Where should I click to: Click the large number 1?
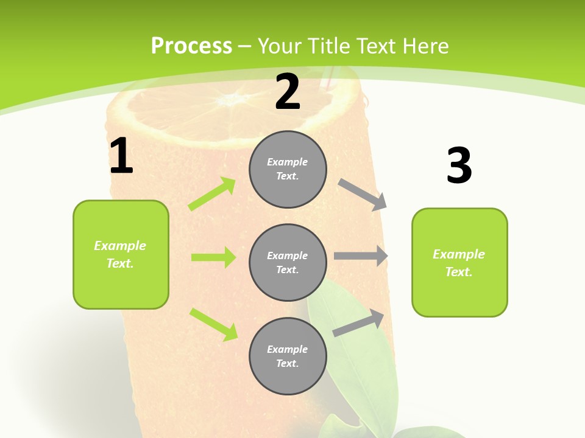[x=121, y=156]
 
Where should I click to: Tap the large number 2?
[x=288, y=92]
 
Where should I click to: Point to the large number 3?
[x=459, y=165]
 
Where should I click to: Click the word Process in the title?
[x=191, y=46]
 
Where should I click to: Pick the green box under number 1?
[x=121, y=254]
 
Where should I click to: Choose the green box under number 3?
[x=459, y=263]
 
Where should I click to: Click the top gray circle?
[x=288, y=169]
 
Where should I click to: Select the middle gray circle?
[x=288, y=262]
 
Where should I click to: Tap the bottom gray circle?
[x=288, y=356]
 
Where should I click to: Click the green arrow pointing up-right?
[x=212, y=194]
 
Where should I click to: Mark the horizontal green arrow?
[x=213, y=257]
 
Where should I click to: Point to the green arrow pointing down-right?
[x=213, y=324]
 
